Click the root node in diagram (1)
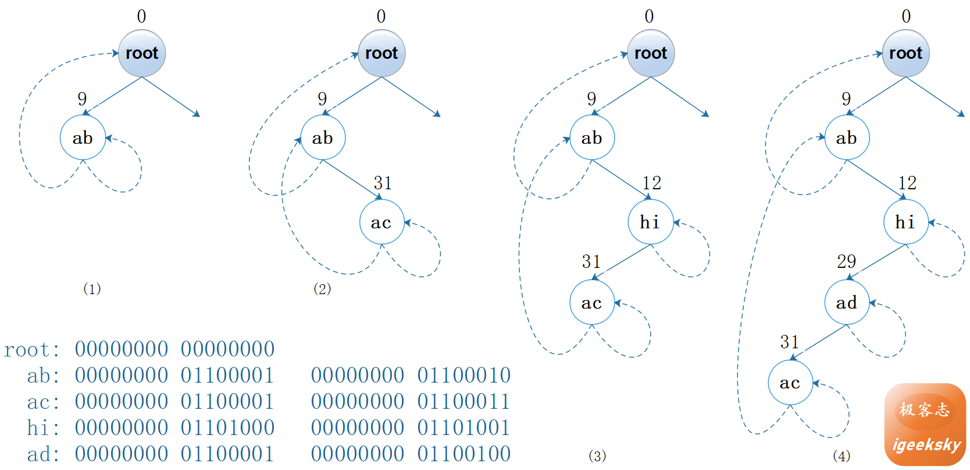click(x=142, y=54)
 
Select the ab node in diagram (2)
click(x=323, y=137)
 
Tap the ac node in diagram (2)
click(x=381, y=222)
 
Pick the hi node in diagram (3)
click(x=650, y=222)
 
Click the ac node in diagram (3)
click(x=592, y=302)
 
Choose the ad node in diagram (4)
click(x=847, y=302)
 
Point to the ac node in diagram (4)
click(x=790, y=383)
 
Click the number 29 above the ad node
click(x=847, y=261)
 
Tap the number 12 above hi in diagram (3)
click(x=652, y=183)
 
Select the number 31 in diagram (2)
click(x=383, y=183)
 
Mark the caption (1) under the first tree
click(x=92, y=289)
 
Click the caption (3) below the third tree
click(x=597, y=455)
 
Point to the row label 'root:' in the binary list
click(x=32, y=349)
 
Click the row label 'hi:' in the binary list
click(x=43, y=427)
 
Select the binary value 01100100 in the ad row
click(x=464, y=454)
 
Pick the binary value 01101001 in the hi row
click(x=464, y=427)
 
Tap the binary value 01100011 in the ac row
click(x=464, y=401)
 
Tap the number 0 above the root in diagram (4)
click(x=906, y=16)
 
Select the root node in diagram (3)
click(x=651, y=54)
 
